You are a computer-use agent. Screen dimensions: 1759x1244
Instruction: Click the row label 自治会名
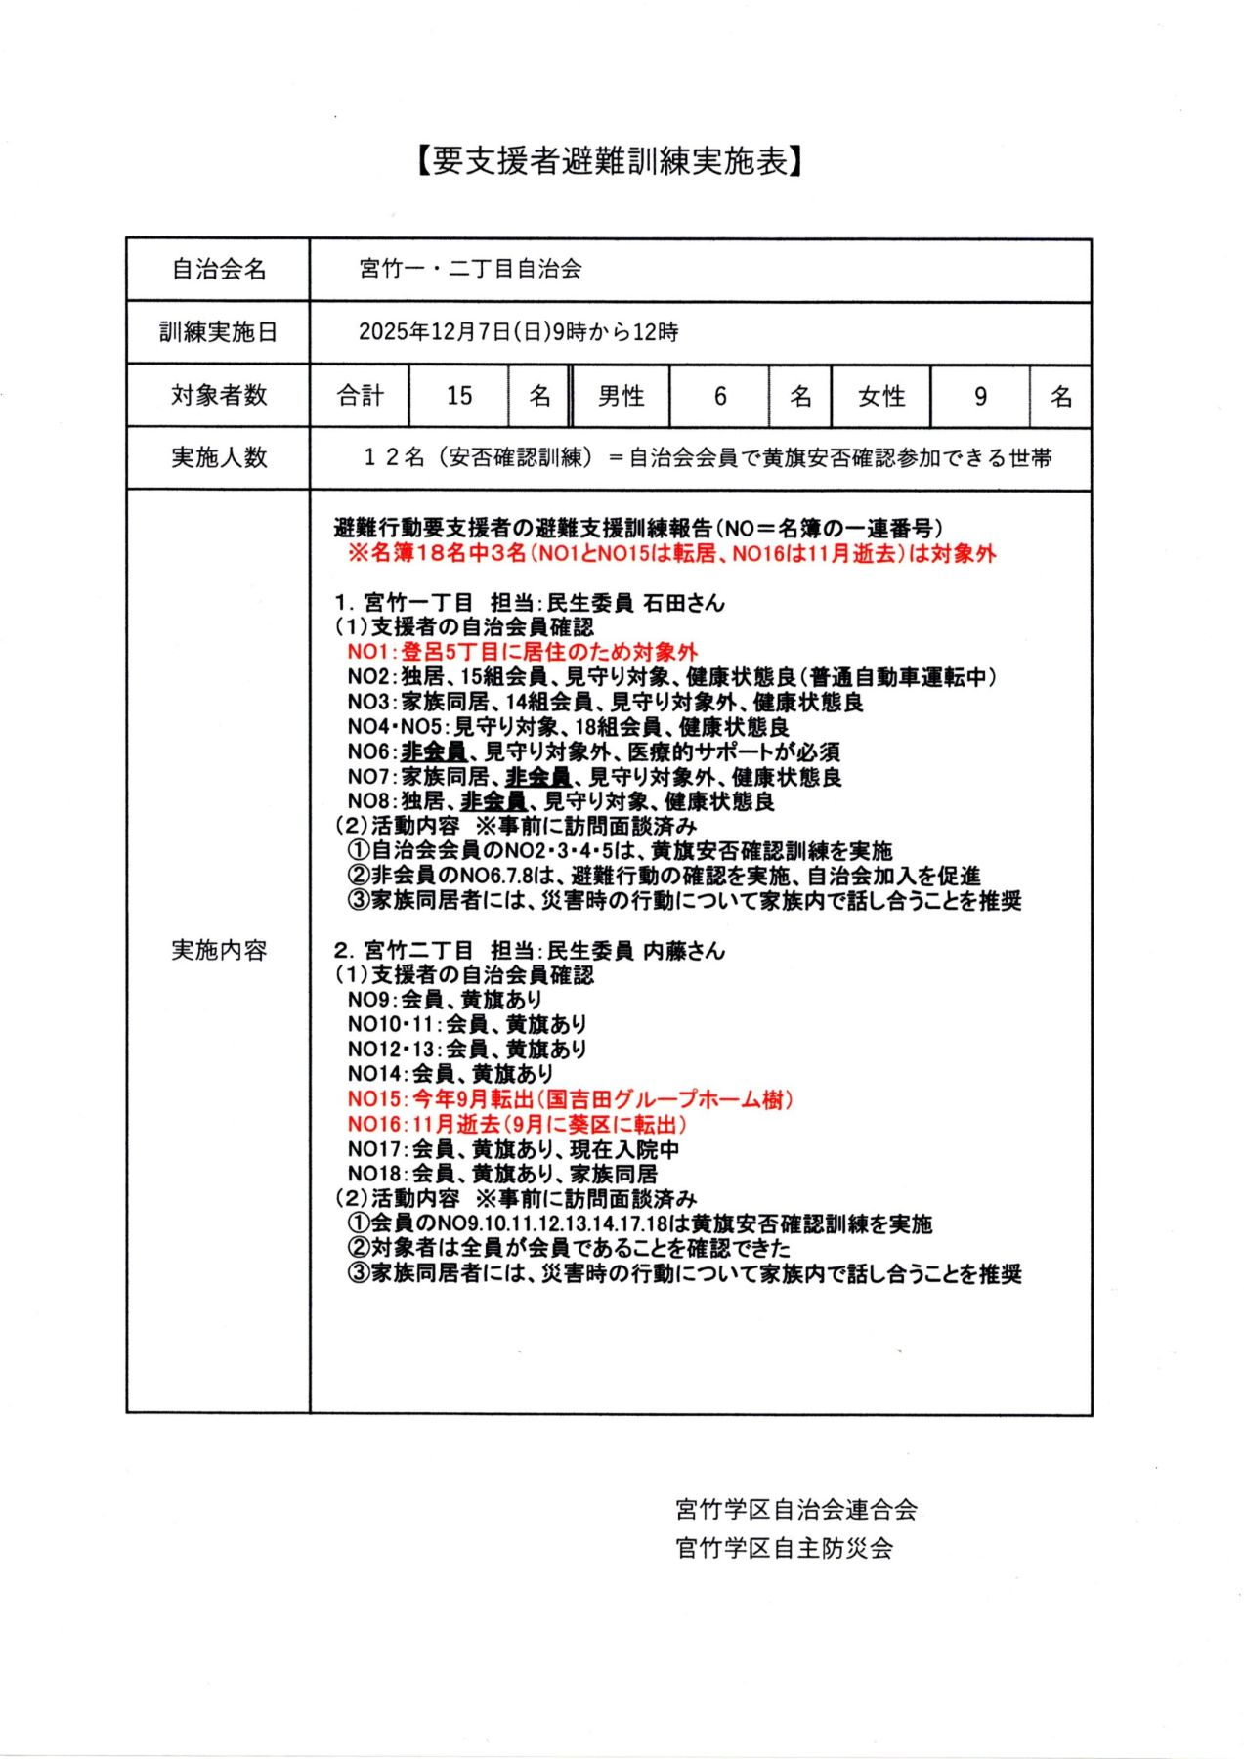pyautogui.click(x=218, y=270)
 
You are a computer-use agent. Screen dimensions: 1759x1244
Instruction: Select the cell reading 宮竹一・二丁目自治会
pyautogui.click(x=470, y=269)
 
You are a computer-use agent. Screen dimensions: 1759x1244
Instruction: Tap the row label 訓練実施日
pyautogui.click(x=218, y=332)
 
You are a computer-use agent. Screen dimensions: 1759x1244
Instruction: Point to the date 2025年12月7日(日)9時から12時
pyautogui.click(x=518, y=332)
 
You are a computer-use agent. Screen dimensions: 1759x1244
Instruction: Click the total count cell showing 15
pyautogui.click(x=458, y=396)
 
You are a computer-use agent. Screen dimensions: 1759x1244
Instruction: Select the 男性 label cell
pyautogui.click(x=621, y=396)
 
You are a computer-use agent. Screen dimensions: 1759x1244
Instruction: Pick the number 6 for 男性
pyautogui.click(x=720, y=396)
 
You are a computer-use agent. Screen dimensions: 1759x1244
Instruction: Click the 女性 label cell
pyautogui.click(x=880, y=396)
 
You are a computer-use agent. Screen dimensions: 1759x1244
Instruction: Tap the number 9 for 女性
pyautogui.click(x=980, y=396)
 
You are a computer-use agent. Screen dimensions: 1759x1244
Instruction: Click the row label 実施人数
pyautogui.click(x=218, y=457)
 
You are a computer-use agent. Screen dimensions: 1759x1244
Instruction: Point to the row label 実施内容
pyautogui.click(x=218, y=950)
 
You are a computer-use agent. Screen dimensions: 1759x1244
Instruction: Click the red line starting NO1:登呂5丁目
pyautogui.click(x=523, y=652)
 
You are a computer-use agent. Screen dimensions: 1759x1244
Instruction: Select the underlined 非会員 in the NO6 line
pyautogui.click(x=434, y=751)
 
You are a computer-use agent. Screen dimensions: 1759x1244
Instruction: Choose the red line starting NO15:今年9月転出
pyautogui.click(x=570, y=1099)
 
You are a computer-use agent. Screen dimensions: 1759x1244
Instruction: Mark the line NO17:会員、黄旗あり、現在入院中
pyautogui.click(x=513, y=1149)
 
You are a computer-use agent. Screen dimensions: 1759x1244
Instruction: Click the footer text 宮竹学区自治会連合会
pyautogui.click(x=795, y=1510)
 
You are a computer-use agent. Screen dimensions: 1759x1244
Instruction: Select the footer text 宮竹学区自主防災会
pyautogui.click(x=784, y=1548)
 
